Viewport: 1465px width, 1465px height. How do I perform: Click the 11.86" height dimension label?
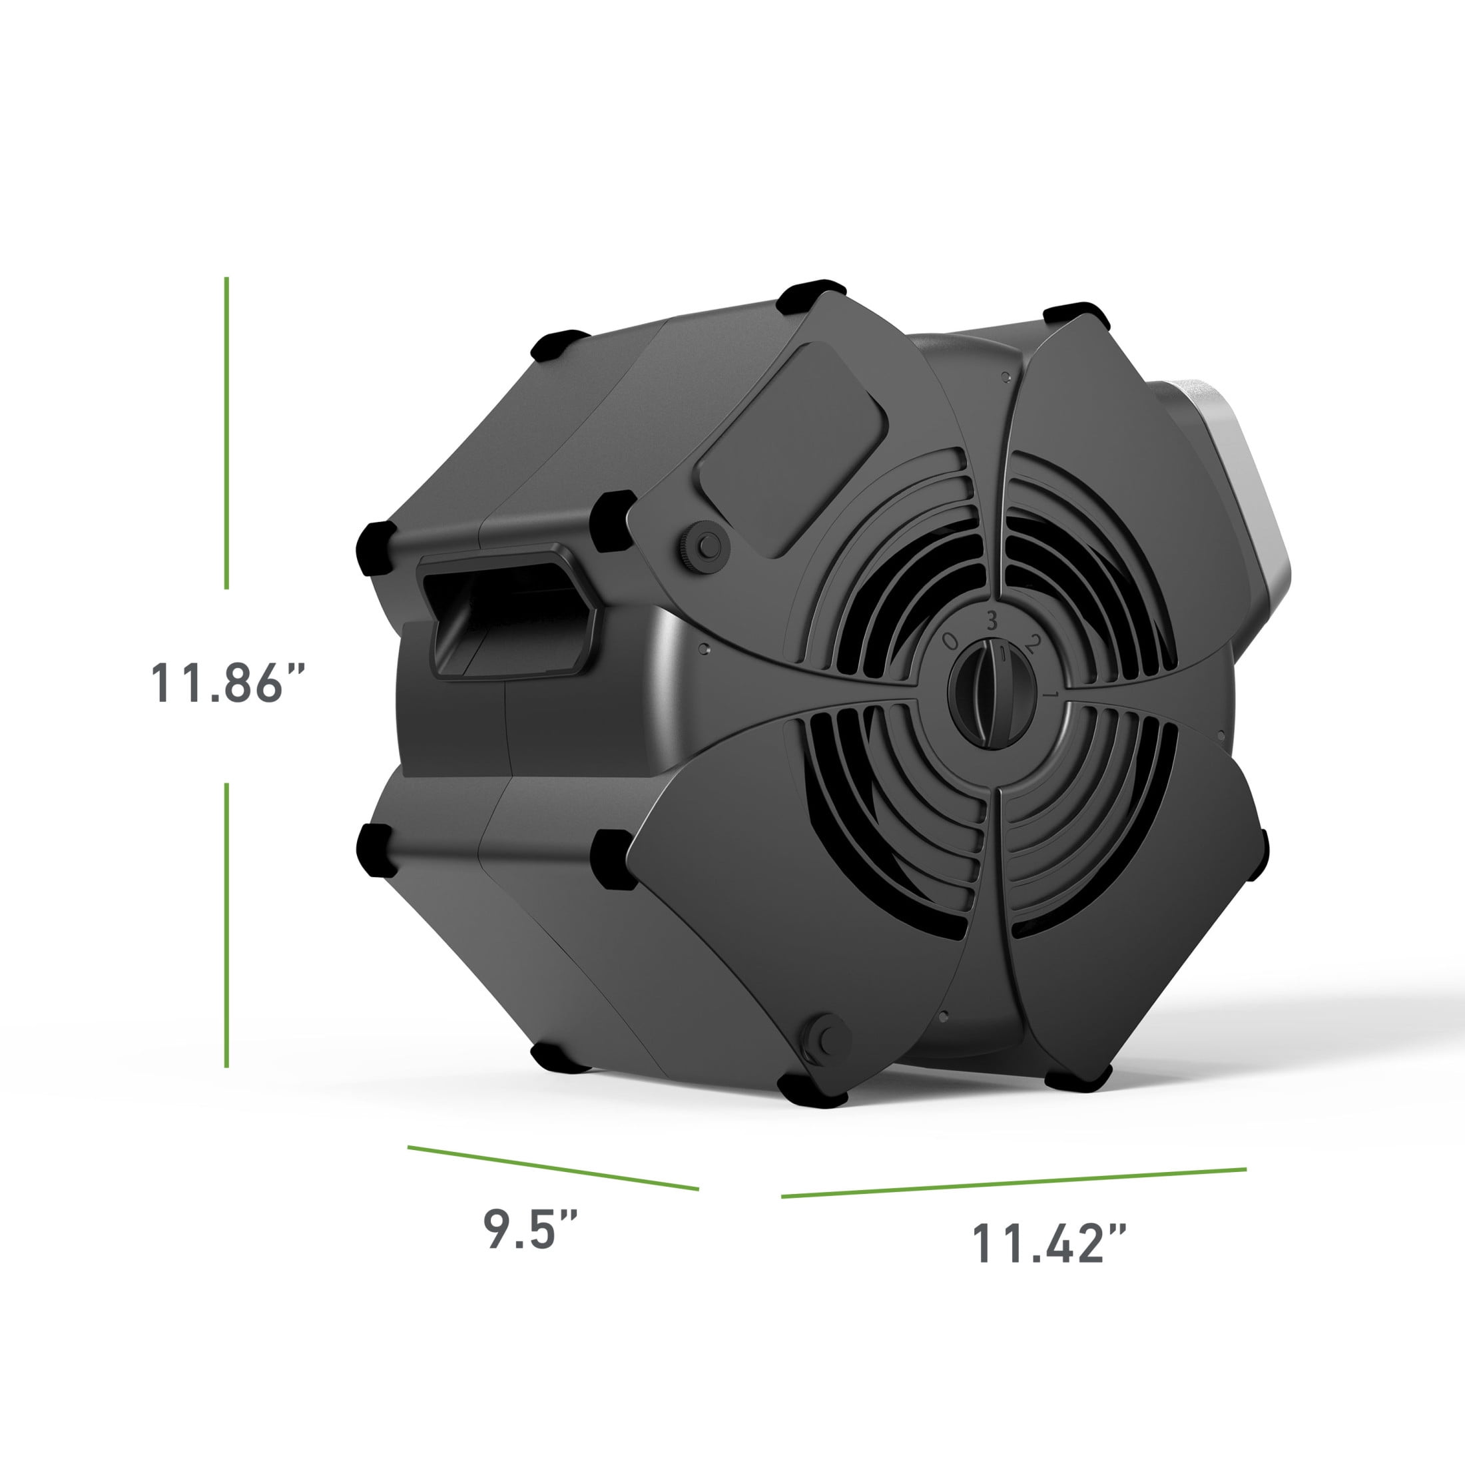(x=226, y=683)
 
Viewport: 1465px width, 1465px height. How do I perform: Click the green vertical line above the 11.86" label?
(x=226, y=433)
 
